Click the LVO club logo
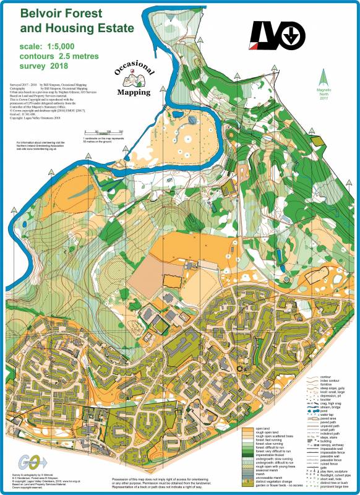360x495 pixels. coord(276,35)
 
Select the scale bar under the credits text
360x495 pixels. coord(105,132)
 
